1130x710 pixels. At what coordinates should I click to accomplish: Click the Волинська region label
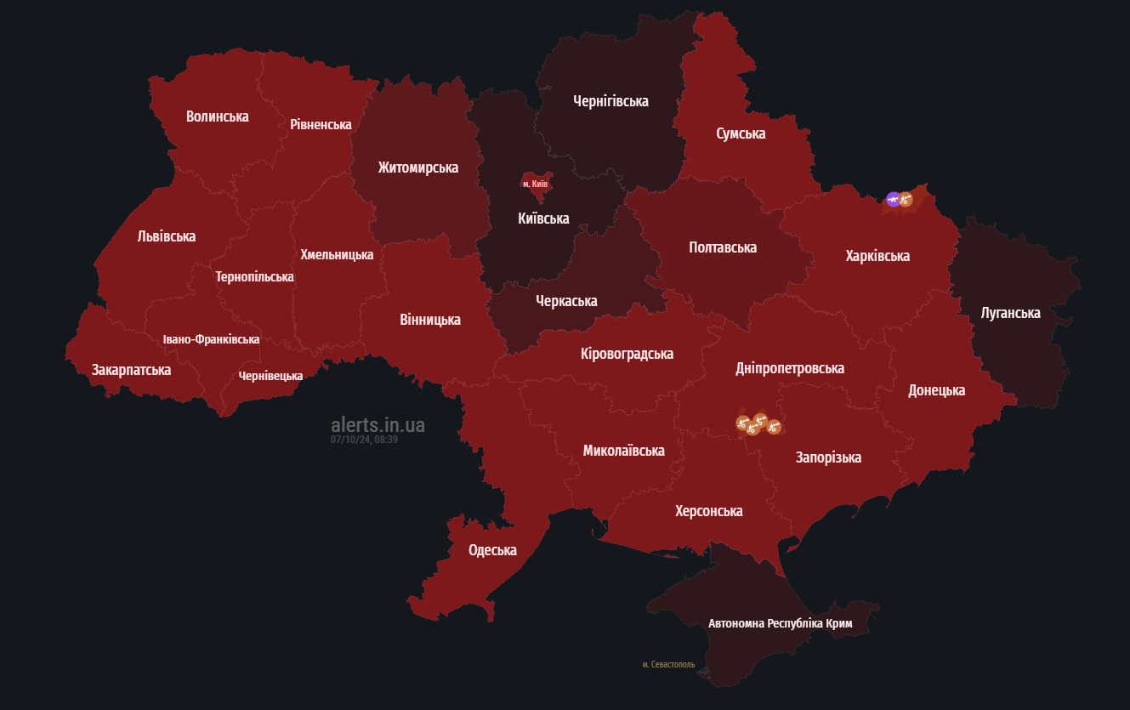218,116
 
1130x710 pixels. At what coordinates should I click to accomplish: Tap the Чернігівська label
610,101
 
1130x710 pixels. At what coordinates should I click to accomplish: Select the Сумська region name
741,133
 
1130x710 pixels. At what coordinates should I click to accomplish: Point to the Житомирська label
418,168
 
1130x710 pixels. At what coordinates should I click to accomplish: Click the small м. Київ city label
535,184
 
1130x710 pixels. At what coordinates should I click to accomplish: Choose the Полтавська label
723,247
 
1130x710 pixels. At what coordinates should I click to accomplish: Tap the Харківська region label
877,256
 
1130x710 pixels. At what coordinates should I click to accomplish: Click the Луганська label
1010,313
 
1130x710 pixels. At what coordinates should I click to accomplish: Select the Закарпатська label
132,370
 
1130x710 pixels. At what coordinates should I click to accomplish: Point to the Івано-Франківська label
212,339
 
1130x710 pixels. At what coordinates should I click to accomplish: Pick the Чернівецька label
270,376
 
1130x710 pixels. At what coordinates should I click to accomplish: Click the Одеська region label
492,550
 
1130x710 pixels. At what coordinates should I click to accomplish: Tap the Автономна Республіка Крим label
780,623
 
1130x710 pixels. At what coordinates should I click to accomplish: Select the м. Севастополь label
668,664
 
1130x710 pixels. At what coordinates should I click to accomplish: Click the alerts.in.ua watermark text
378,424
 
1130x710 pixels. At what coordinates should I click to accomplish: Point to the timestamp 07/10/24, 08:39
364,440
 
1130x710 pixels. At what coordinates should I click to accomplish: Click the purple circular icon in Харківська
893,199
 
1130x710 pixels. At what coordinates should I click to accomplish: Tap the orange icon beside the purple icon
906,200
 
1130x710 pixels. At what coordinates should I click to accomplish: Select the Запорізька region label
828,457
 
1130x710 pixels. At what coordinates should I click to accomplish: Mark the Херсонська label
708,511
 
